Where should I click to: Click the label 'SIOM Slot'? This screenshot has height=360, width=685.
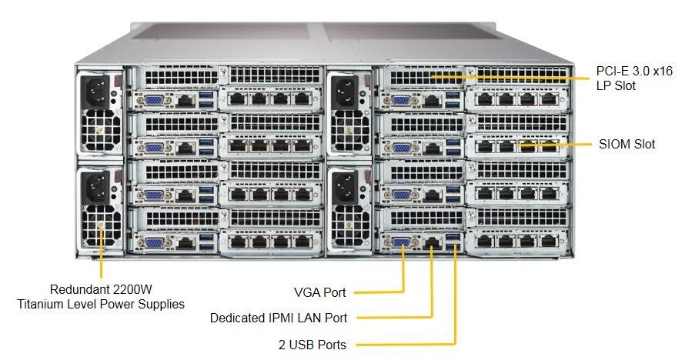(x=627, y=144)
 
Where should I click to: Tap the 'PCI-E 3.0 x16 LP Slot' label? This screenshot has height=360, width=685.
(x=634, y=78)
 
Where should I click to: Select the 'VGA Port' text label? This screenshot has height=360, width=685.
(x=320, y=292)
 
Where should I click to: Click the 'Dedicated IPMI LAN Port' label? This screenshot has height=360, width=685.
(x=279, y=318)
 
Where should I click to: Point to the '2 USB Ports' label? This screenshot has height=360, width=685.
(x=312, y=345)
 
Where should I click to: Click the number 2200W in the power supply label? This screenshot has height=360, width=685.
(x=132, y=289)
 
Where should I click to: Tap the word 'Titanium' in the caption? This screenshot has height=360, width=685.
(x=41, y=304)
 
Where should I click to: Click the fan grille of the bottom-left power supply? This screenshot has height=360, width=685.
(x=101, y=225)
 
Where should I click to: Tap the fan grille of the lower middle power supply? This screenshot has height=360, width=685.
(x=351, y=225)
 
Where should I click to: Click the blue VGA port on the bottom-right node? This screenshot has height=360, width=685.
(x=401, y=242)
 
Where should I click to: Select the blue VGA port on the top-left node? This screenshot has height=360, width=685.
(x=154, y=100)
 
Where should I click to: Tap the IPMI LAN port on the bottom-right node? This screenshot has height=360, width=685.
(x=432, y=242)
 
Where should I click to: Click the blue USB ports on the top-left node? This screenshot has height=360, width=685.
(x=206, y=99)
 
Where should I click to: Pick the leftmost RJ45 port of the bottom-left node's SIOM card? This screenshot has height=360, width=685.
(x=238, y=242)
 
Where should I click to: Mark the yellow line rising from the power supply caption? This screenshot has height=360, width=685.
(x=102, y=252)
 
